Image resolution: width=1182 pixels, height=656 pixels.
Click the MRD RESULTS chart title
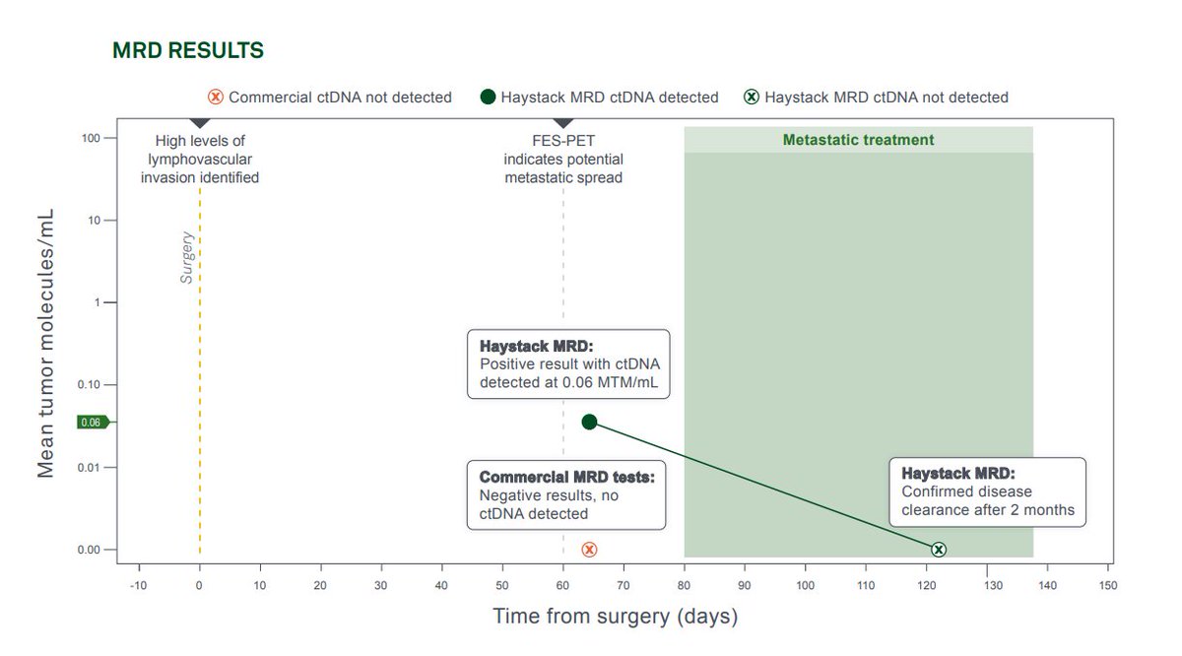click(x=188, y=50)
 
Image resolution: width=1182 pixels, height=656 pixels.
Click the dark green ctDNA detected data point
click(x=589, y=422)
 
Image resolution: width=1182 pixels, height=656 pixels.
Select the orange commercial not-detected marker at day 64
click(x=589, y=550)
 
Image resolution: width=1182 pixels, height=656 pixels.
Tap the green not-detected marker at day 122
click(x=939, y=550)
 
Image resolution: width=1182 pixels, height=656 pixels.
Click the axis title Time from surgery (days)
click(x=615, y=618)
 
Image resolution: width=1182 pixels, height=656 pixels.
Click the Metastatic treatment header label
click(x=858, y=140)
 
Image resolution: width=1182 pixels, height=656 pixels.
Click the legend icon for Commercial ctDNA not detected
click(x=216, y=98)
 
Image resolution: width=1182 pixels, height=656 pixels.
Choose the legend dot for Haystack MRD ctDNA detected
click(x=488, y=98)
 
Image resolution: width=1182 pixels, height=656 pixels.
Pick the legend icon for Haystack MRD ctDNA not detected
click(x=751, y=98)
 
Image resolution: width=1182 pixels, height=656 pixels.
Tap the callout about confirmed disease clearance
click(x=987, y=492)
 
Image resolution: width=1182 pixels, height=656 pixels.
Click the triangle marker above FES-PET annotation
click(x=563, y=122)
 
